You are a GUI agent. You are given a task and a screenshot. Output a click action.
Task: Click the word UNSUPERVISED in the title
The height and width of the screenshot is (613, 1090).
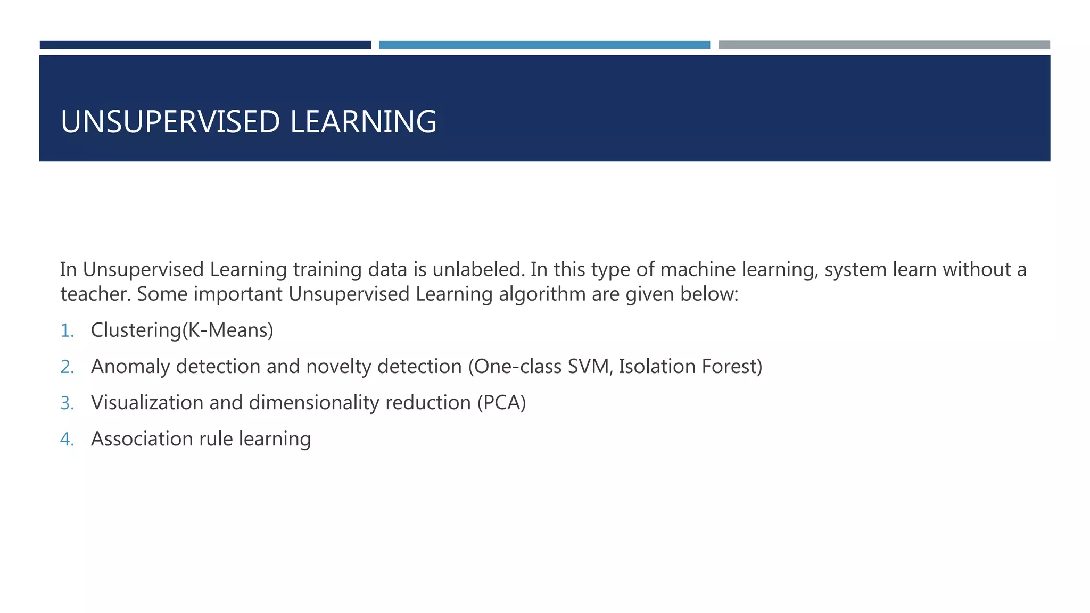pos(170,122)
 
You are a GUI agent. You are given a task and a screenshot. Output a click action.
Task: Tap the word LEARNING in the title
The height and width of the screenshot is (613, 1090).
pos(364,122)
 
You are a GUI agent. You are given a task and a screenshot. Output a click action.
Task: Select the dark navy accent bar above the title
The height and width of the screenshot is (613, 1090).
pos(205,45)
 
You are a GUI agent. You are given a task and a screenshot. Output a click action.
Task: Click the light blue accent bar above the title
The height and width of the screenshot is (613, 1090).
pos(544,45)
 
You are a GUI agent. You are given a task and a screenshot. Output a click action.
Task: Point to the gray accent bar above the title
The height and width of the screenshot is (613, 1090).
pos(884,45)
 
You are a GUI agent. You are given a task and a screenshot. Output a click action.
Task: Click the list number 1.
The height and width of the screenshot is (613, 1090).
pos(67,331)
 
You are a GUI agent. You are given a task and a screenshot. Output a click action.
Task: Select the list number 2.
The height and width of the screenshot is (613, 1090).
pos(67,367)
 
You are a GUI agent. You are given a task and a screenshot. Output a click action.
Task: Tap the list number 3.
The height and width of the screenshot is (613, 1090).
pos(67,403)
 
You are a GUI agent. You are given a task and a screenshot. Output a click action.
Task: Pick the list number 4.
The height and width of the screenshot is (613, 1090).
pos(67,440)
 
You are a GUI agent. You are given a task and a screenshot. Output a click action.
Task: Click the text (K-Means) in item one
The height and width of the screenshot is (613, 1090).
pos(228,330)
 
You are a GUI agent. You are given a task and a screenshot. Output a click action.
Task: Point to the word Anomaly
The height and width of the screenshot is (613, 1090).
pos(130,367)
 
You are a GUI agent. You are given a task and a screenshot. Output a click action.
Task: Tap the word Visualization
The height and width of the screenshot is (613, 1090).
pos(147,403)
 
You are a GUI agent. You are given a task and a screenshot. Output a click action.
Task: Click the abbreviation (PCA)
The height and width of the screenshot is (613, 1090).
pos(501,403)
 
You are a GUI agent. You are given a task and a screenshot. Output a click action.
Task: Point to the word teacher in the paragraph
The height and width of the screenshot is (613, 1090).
pos(95,294)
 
